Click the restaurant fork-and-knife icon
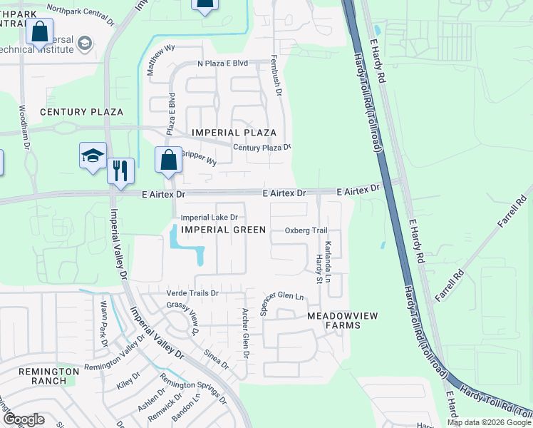tap(121, 170)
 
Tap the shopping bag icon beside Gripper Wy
tap(168, 160)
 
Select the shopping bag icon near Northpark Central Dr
tap(39, 31)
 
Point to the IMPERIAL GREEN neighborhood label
tap(223, 230)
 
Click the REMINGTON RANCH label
tap(48, 376)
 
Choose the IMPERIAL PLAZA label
tap(234, 133)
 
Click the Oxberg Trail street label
tap(306, 230)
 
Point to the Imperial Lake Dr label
tap(209, 217)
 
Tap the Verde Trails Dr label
tap(192, 293)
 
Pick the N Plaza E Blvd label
tap(222, 63)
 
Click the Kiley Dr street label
tap(128, 381)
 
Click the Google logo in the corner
tap(24, 419)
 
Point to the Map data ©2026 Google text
tap(488, 422)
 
